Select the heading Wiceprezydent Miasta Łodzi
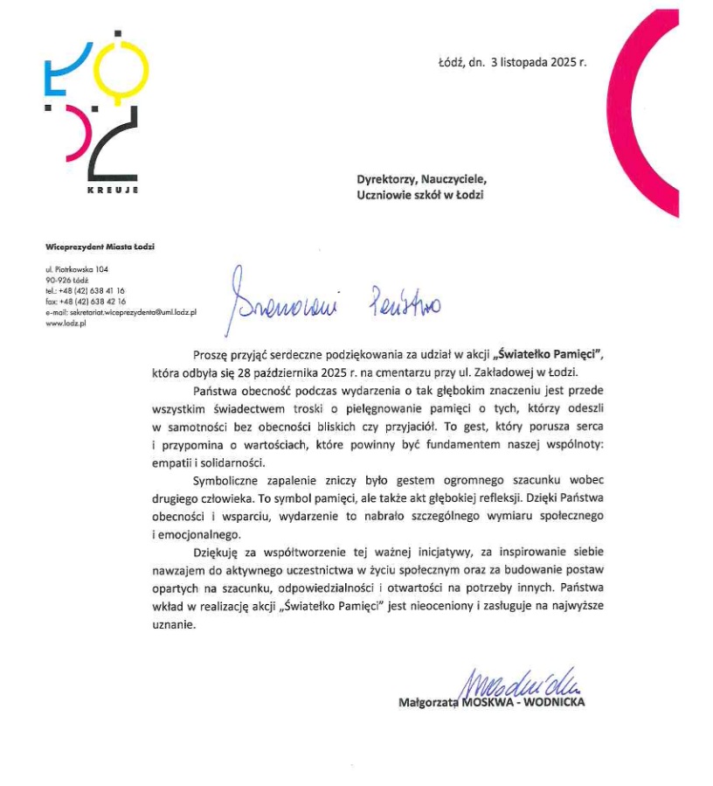[100, 247]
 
